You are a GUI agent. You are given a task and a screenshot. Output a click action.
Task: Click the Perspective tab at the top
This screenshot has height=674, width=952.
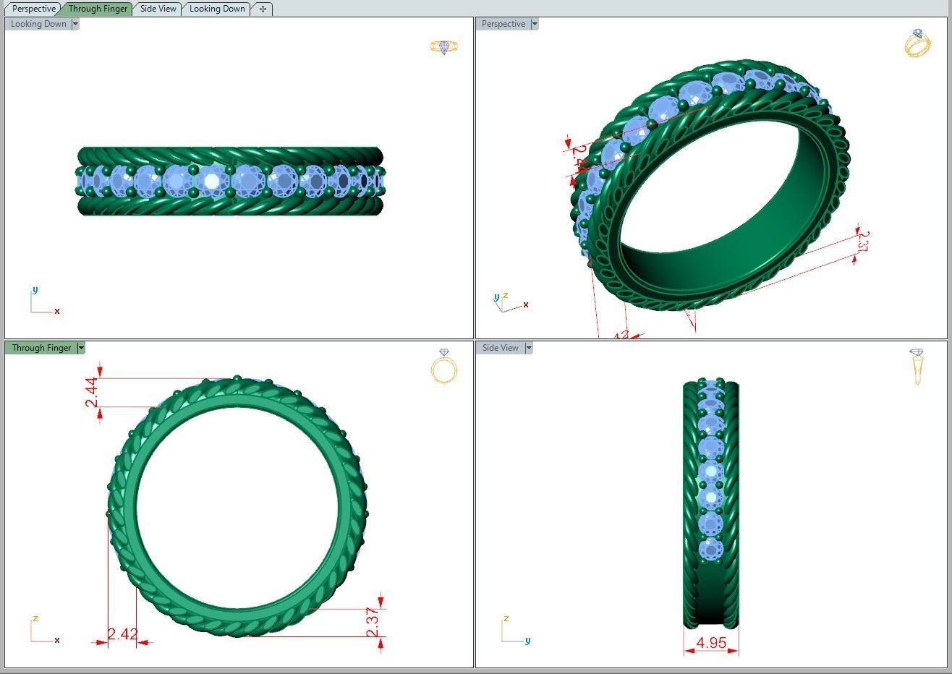[33, 9]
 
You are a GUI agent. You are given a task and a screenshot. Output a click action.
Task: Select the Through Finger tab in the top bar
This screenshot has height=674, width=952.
[97, 9]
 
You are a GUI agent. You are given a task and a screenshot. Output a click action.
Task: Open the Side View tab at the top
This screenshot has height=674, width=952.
[158, 9]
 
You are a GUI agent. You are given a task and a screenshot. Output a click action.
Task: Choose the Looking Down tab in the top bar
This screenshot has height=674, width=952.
[216, 9]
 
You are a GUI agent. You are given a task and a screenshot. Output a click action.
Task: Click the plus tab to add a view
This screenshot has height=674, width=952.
[263, 9]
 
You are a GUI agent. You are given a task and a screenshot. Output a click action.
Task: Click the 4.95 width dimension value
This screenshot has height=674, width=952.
[711, 642]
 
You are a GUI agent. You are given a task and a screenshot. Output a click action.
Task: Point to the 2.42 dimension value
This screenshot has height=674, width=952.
[122, 634]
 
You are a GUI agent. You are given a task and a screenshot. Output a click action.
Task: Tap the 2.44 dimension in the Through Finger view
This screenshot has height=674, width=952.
[92, 392]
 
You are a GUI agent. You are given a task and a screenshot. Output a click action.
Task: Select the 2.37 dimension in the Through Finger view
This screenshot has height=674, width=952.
[373, 622]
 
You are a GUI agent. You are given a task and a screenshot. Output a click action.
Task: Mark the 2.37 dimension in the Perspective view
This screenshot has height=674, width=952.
[862, 242]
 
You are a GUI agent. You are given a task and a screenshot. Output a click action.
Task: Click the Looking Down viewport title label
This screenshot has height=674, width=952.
[38, 24]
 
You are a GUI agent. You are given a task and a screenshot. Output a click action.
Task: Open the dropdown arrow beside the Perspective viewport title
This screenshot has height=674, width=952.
[535, 24]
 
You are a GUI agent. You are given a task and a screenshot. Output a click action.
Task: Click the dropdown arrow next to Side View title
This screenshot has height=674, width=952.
[529, 348]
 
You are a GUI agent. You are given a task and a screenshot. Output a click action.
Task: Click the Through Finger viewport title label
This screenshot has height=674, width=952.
[41, 348]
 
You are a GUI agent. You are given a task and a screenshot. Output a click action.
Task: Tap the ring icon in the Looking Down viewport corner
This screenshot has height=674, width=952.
[443, 47]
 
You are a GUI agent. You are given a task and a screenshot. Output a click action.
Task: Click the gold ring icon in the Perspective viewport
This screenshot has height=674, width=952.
[917, 43]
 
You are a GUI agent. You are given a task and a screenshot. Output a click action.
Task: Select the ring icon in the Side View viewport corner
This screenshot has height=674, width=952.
[917, 366]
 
